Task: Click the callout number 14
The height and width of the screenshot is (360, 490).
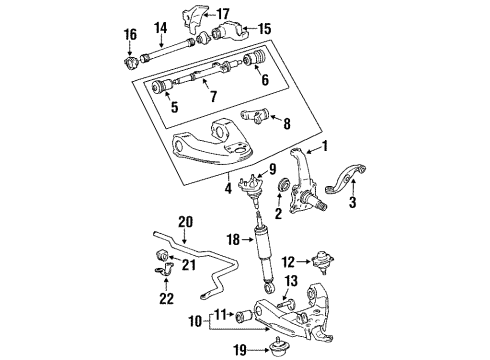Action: click(x=159, y=27)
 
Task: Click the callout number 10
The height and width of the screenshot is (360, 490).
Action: click(x=195, y=322)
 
